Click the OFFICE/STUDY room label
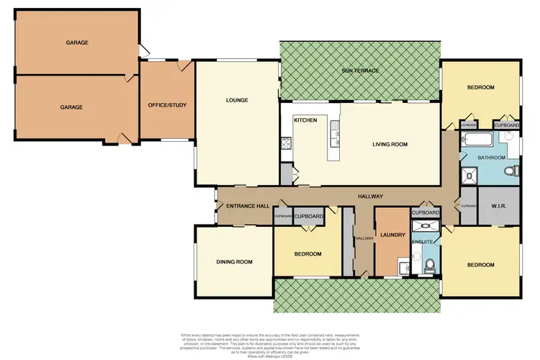pos(166,106)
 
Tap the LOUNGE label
pos(237,100)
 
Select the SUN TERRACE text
pos(360,71)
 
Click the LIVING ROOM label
pos(390,144)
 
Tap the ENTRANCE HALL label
pos(248,207)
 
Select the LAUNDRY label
pos(392,234)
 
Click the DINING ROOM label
pos(235,261)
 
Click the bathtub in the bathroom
pos(477,139)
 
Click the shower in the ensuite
pos(420,225)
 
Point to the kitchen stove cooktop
pos(286,143)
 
